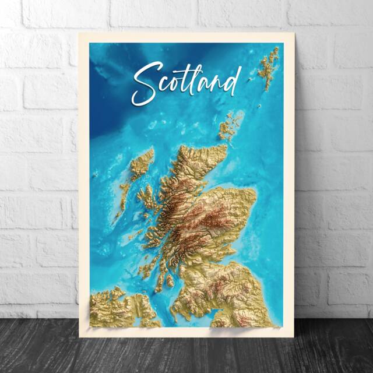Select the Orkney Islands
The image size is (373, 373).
tap(230, 126)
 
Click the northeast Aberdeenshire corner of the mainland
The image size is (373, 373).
tap(248, 195)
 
